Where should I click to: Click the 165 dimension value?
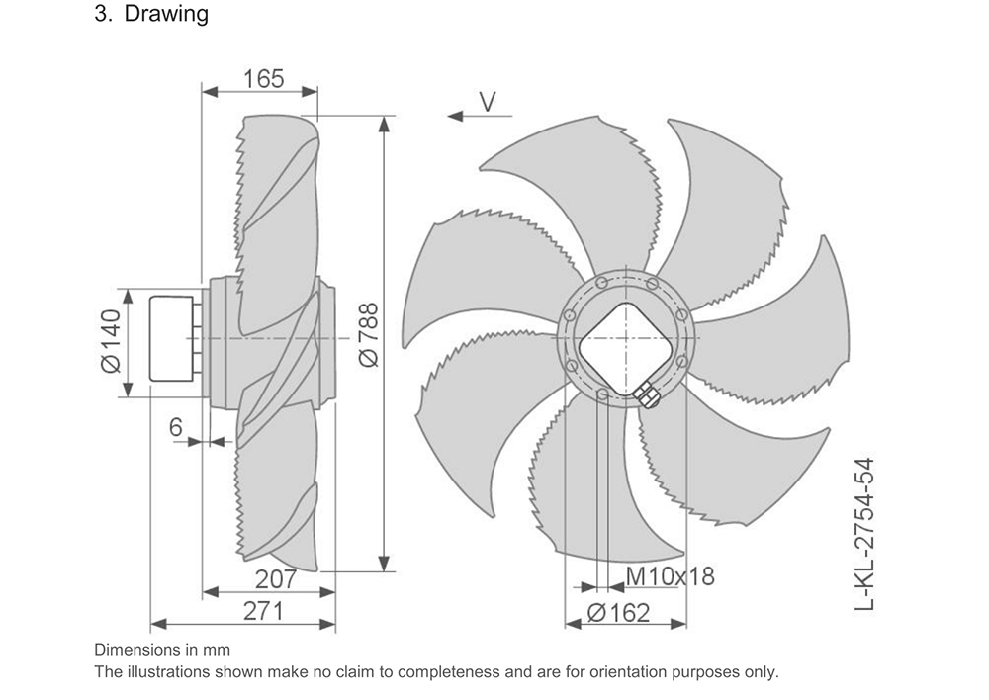tap(264, 79)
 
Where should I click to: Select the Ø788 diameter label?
tap(368, 334)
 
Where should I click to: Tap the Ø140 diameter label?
tap(111, 341)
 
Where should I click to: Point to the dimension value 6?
tap(175, 427)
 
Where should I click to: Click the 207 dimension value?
tap(276, 579)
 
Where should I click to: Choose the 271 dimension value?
tap(264, 611)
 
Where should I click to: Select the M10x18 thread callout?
tap(670, 575)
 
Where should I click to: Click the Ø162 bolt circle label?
tap(618, 612)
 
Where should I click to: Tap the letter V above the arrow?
tap(488, 102)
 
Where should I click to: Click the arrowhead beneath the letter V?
tap(455, 116)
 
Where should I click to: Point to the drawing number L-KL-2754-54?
tap(864, 534)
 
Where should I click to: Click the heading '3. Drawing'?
tap(151, 13)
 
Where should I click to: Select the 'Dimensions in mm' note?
tap(162, 650)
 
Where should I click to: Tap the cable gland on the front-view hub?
tap(646, 395)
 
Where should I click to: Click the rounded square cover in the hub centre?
tap(626, 348)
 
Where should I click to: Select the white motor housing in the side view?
tap(171, 339)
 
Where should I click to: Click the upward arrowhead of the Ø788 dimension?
tap(384, 125)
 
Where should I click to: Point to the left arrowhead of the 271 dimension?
tap(158, 624)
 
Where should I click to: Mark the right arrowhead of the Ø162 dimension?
tap(678, 624)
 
